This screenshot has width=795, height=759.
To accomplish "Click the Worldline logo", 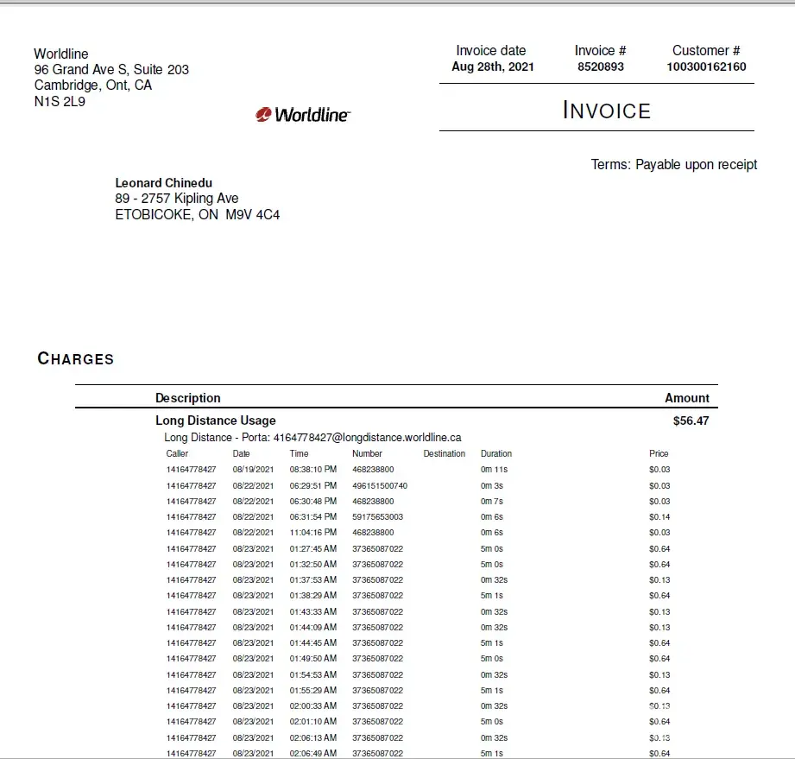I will (x=303, y=114).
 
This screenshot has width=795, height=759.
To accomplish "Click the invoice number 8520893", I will (x=600, y=66).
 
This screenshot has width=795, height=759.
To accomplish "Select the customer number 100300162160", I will (x=706, y=66).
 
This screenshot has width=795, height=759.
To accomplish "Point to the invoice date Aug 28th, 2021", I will (x=492, y=66).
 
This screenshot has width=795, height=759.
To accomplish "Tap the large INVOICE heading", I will (x=607, y=111).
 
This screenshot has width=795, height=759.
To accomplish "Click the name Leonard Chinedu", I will (x=164, y=183).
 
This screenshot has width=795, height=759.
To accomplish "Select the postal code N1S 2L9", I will (x=60, y=101).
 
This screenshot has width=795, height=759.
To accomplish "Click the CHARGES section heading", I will (x=76, y=358).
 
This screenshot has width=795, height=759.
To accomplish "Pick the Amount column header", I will (x=687, y=398).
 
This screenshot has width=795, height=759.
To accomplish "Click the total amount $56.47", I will (x=691, y=421).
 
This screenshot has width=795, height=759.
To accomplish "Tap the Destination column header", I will (x=445, y=453).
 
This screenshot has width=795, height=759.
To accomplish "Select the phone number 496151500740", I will (x=380, y=485).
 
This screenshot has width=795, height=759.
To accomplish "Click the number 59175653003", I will (x=377, y=516).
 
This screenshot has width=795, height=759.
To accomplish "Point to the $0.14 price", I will (x=659, y=516).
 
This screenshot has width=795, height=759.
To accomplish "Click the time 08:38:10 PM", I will (x=313, y=470).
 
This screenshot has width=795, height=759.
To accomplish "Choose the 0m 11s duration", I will (x=495, y=470).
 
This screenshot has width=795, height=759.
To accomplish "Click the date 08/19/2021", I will (x=253, y=470).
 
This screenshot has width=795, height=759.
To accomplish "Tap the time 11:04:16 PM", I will (x=313, y=533).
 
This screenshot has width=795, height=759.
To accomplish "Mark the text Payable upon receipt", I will (x=696, y=164).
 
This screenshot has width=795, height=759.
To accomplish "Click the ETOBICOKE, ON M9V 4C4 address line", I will (x=198, y=214).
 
